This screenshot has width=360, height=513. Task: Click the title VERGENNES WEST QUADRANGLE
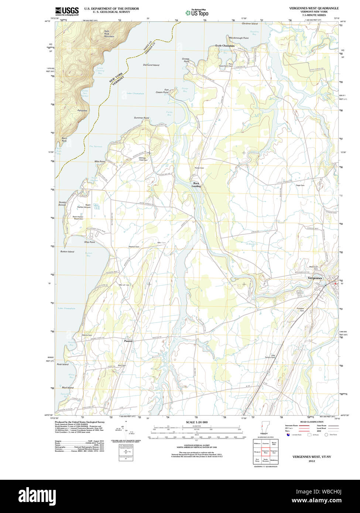314,8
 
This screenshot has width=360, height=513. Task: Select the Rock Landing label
196,185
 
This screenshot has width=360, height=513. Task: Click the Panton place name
128,341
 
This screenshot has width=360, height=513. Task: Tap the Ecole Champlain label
225,46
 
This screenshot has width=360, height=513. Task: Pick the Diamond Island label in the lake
151,65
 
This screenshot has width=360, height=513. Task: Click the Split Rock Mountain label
109,34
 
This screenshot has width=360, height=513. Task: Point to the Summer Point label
141,118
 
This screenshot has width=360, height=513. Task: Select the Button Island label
67,252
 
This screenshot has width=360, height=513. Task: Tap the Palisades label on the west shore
82,110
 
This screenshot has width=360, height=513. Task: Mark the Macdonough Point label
239,38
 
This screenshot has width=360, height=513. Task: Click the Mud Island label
68,388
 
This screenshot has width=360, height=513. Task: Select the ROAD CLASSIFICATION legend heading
312,421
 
